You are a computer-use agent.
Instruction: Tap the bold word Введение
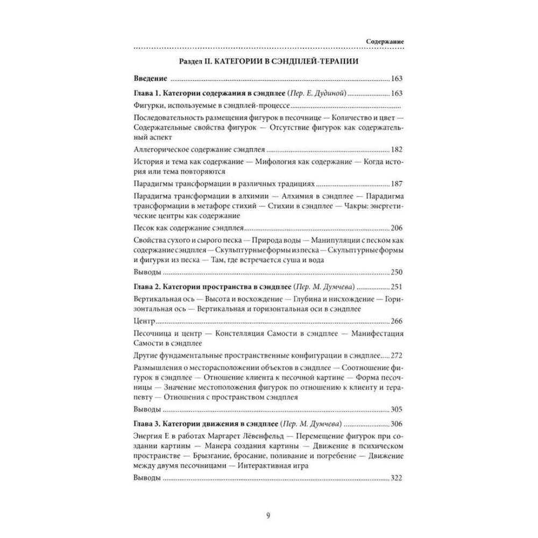(x=149, y=78)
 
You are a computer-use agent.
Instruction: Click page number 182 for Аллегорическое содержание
(x=396, y=150)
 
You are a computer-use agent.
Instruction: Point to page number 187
(x=396, y=183)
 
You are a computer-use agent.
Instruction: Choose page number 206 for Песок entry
(x=396, y=228)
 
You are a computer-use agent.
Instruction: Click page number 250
(x=396, y=272)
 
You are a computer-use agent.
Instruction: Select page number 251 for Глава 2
(x=396, y=286)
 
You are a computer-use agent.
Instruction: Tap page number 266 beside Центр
(x=396, y=321)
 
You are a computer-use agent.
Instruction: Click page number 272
(x=396, y=356)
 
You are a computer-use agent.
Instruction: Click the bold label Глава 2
(x=145, y=286)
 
